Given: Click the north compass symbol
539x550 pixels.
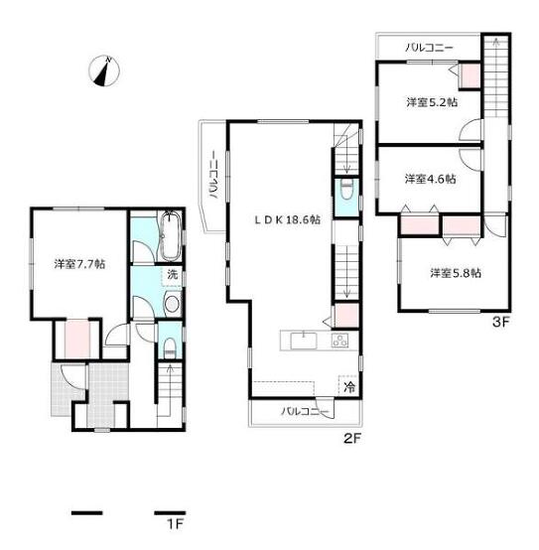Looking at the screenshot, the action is pyautogui.click(x=104, y=70).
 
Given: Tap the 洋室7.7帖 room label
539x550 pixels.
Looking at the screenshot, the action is pyautogui.click(x=79, y=264).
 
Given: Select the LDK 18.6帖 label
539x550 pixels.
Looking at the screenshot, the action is pyautogui.click(x=287, y=220).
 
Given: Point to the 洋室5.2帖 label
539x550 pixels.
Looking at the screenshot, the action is pyautogui.click(x=432, y=102).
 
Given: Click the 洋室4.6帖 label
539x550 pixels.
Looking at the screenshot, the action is pyautogui.click(x=430, y=179).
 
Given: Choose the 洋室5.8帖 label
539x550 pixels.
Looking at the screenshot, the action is pyautogui.click(x=456, y=273).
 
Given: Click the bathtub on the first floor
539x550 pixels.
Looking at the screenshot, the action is pyautogui.click(x=171, y=235).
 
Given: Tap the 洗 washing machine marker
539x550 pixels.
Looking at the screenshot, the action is pyautogui.click(x=172, y=275).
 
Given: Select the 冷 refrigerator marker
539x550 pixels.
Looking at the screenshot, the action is pyautogui.click(x=349, y=387).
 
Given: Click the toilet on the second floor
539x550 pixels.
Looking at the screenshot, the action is pyautogui.click(x=346, y=190).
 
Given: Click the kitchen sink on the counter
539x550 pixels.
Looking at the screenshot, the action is pyautogui.click(x=304, y=341).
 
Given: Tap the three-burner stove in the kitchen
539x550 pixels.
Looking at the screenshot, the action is pyautogui.click(x=339, y=341).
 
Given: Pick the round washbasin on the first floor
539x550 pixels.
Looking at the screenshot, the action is pyautogui.click(x=172, y=304).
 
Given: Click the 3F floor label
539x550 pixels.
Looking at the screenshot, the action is pyautogui.click(x=500, y=322).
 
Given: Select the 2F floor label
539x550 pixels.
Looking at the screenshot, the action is pyautogui.click(x=352, y=439).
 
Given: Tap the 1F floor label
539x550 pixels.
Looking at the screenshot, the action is pyautogui.click(x=175, y=524).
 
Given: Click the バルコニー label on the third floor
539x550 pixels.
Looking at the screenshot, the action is pyautogui.click(x=429, y=48).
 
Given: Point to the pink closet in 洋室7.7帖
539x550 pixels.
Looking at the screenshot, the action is pyautogui.click(x=77, y=339).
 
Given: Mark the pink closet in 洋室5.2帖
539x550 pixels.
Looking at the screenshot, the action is pyautogui.click(x=471, y=76).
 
